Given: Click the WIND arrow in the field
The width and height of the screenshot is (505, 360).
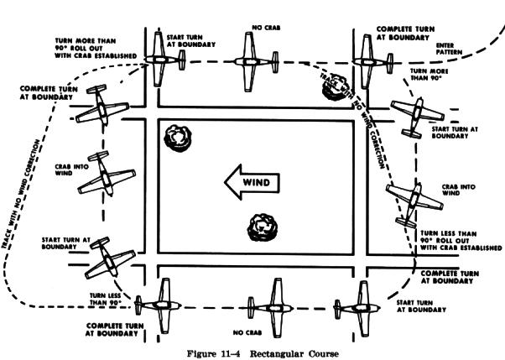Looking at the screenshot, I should [250, 180].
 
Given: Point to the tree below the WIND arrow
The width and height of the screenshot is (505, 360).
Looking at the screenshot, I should [262, 224].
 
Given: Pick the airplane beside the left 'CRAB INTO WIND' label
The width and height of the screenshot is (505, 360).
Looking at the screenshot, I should [109, 177].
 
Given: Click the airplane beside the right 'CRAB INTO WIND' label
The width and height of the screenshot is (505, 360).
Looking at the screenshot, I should [405, 200].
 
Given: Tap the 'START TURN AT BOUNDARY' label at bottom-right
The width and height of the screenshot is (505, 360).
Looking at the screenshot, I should [420, 305].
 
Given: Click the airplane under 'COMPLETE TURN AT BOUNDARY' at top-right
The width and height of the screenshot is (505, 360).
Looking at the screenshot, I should [365, 60].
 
